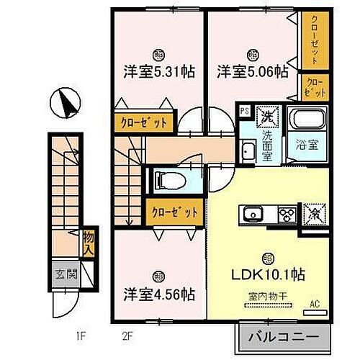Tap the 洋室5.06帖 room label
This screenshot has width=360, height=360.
(253, 72)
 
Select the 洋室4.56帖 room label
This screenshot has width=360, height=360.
(158, 294)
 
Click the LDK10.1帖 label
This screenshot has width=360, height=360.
(267, 275)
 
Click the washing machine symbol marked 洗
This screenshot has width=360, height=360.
(266, 114)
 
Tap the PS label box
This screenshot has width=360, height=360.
(244, 111)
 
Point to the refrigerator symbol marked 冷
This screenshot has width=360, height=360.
(314, 214)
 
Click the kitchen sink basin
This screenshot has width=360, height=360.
(254, 214)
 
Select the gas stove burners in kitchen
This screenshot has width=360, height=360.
(287, 214)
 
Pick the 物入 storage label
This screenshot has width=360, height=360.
(87, 243)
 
